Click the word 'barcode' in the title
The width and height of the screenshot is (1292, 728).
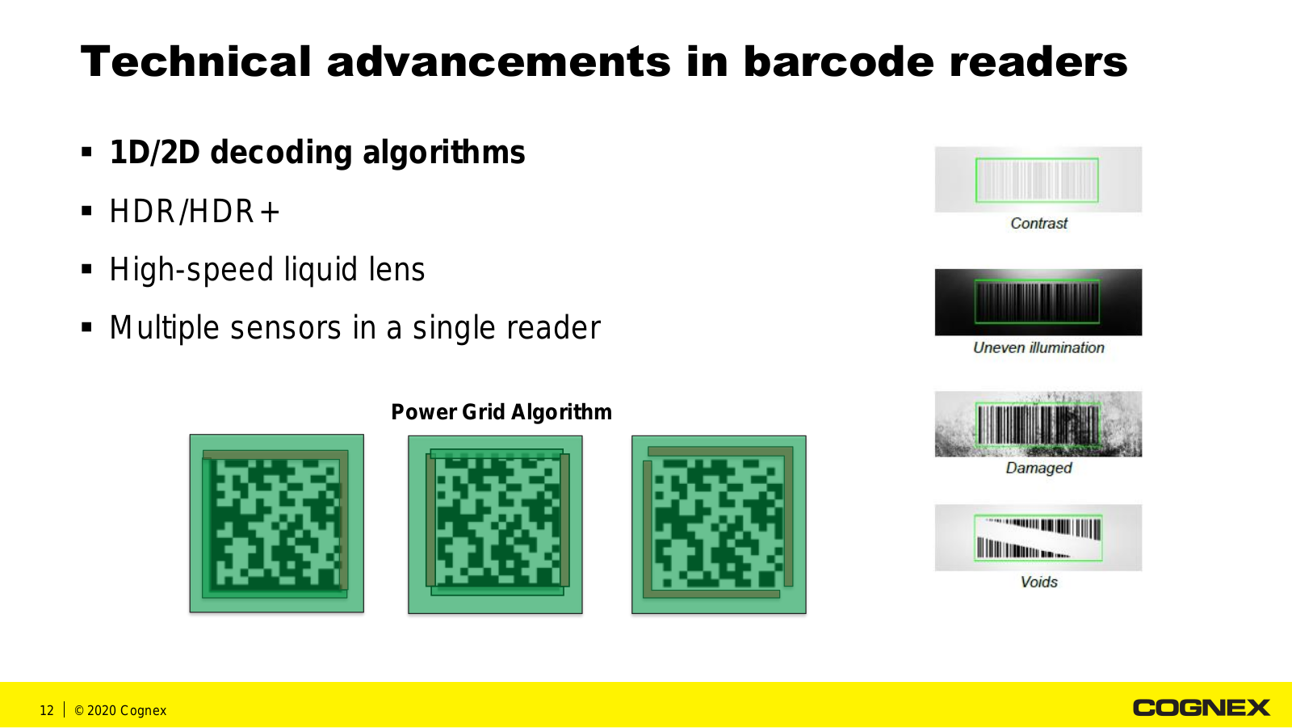click(838, 61)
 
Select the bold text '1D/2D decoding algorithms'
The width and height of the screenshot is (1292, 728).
click(317, 153)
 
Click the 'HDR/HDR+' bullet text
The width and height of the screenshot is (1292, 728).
click(195, 212)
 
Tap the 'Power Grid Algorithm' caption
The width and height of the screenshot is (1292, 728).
click(501, 412)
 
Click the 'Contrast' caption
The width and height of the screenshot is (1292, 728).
click(1038, 224)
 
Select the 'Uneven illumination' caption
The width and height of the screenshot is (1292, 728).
click(1038, 347)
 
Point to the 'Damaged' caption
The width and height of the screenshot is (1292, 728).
click(1038, 468)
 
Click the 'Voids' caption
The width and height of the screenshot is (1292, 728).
click(1038, 582)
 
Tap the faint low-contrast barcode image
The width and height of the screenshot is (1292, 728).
click(1038, 179)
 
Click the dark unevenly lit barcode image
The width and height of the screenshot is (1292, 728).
click(1038, 302)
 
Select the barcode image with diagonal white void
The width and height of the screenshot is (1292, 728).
click(1038, 537)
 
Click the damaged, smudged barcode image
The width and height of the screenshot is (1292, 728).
click(1038, 424)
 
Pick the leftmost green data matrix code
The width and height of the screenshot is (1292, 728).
click(277, 524)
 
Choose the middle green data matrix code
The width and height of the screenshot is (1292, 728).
click(496, 524)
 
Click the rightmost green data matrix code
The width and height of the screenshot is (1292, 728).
click(719, 524)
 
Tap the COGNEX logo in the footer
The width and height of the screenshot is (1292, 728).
click(1202, 708)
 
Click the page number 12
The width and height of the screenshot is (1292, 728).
click(47, 711)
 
